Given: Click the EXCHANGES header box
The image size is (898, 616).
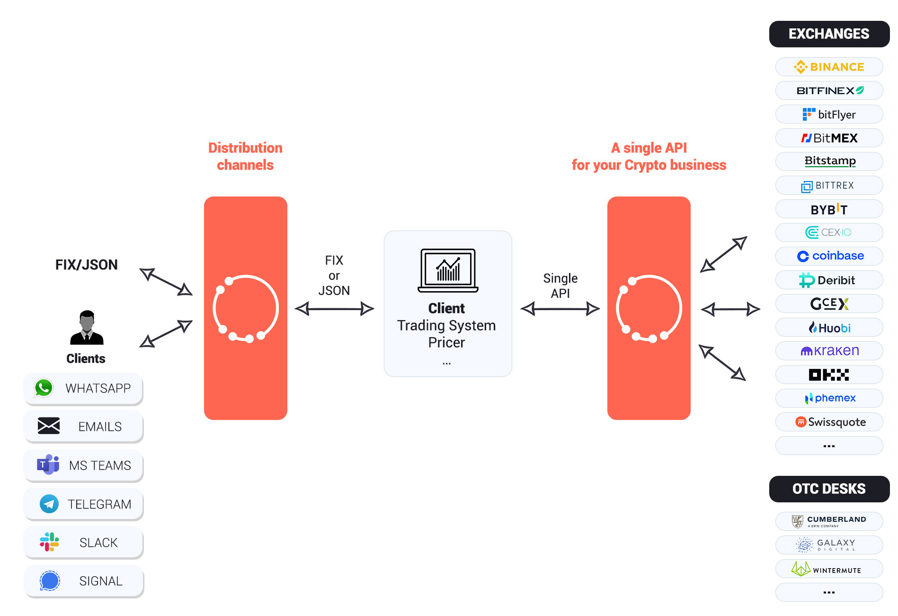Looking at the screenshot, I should (828, 34).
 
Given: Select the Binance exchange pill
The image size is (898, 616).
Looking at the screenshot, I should (828, 67).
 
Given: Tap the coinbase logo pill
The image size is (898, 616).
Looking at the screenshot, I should (828, 256).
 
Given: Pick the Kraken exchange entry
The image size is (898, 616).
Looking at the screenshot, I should (828, 351).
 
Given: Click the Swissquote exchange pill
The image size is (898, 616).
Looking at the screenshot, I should (828, 422).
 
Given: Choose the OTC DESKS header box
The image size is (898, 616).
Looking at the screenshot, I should (828, 489).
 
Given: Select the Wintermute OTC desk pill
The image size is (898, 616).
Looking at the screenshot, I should (828, 569).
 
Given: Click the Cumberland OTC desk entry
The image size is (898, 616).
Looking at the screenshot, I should (828, 521).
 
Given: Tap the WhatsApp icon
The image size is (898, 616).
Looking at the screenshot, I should (44, 388).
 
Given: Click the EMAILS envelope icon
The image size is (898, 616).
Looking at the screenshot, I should (49, 426).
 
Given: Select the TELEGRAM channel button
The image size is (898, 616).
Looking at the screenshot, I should (84, 504).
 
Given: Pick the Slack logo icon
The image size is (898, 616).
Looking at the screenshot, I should (49, 542).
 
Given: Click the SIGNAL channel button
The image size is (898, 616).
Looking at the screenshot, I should (84, 581).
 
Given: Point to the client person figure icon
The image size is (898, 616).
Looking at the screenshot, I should (87, 328).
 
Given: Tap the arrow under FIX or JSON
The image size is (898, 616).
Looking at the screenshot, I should (334, 309).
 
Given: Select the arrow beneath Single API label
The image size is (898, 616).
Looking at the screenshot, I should (560, 309).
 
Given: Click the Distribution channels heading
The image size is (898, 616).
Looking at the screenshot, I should (245, 156).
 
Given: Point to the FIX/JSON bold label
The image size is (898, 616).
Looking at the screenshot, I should (87, 265).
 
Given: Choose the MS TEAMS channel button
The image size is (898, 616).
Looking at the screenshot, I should (84, 465).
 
